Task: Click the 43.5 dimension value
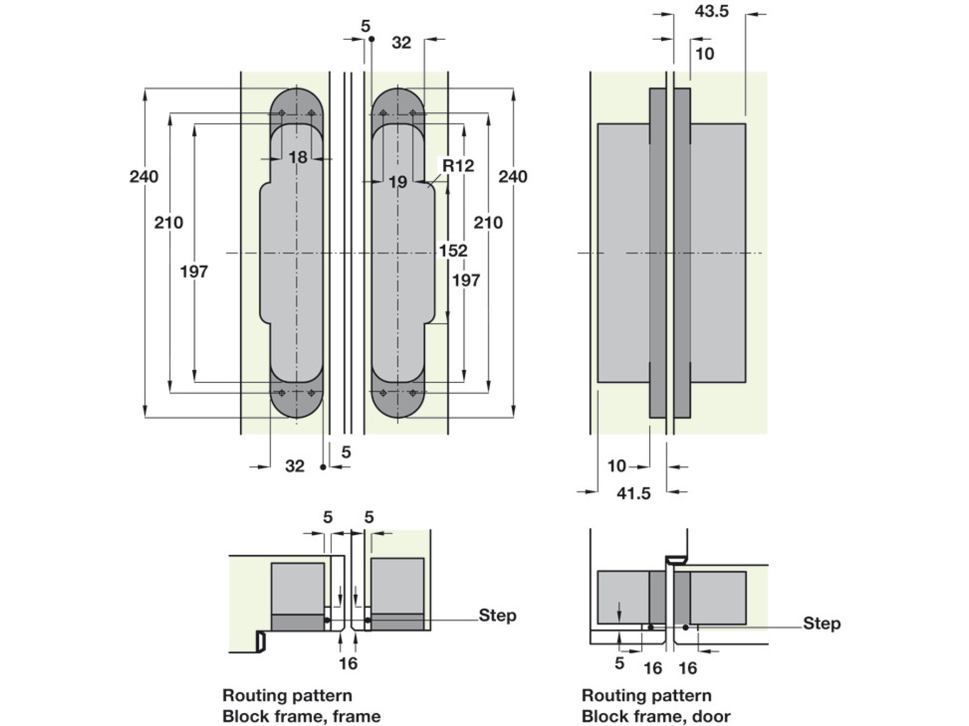tap(711, 11)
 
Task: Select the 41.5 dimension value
tap(634, 493)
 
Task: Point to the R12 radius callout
tap(458, 166)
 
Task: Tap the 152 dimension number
tap(453, 251)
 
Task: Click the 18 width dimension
tap(298, 158)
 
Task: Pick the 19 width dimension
tap(398, 182)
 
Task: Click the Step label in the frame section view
tap(497, 615)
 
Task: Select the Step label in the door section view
tap(821, 623)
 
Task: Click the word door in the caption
tap(712, 716)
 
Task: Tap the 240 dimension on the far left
tap(144, 176)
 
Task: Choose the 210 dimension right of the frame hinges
tap(488, 223)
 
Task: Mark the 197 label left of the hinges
tap(194, 272)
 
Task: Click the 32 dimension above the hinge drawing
tap(402, 42)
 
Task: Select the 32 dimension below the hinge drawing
tap(294, 466)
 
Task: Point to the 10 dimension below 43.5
tap(705, 54)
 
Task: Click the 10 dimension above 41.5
tap(617, 466)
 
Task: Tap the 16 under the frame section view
tap(348, 664)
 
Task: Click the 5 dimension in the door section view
tap(620, 664)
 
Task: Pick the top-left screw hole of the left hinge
tap(282, 113)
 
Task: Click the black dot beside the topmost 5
tap(371, 39)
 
